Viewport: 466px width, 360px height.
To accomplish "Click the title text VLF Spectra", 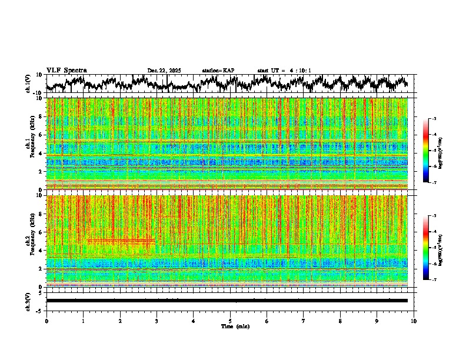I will pyautogui.click(x=66, y=71).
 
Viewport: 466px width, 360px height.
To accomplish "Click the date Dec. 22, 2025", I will pyautogui.click(x=164, y=71).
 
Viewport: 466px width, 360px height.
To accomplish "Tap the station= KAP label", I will pyautogui.click(x=218, y=71).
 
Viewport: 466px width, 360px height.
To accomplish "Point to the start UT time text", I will pyautogui.click(x=284, y=71).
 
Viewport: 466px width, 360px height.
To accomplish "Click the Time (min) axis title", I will pyautogui.click(x=235, y=326).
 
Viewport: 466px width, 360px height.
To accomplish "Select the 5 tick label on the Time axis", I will pyautogui.click(x=230, y=321).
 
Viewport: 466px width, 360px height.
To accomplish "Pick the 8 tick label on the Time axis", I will pyautogui.click(x=340, y=321).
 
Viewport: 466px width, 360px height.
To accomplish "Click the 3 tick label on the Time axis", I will pyautogui.click(x=157, y=321).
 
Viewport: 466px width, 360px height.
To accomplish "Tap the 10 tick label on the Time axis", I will pyautogui.click(x=414, y=321).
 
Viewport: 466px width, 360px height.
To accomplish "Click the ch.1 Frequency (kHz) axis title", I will pyautogui.click(x=31, y=144).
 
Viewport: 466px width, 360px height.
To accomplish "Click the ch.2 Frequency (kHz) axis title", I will pyautogui.click(x=31, y=241).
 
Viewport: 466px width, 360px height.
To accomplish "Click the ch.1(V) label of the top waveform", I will pyautogui.click(x=28, y=84).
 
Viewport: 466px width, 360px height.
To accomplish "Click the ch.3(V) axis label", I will pyautogui.click(x=28, y=301).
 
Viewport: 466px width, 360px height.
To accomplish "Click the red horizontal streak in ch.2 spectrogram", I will pyautogui.click(x=121, y=241).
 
